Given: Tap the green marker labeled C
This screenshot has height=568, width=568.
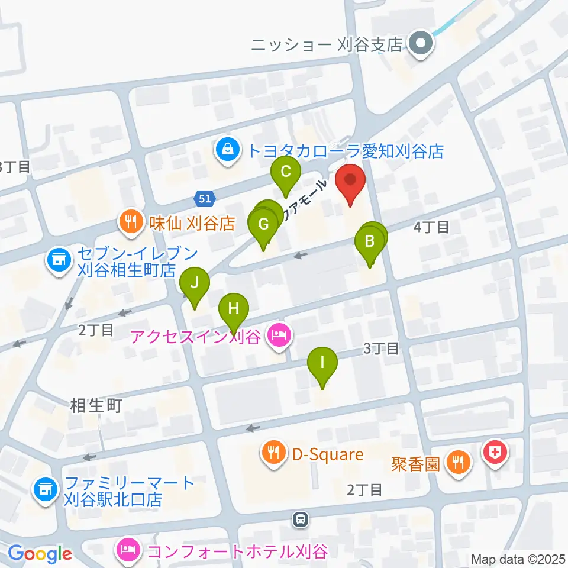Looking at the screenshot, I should (x=285, y=173).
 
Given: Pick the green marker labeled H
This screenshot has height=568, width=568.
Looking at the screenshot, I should (x=234, y=309).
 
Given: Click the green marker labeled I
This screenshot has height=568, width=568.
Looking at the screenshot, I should (x=322, y=362).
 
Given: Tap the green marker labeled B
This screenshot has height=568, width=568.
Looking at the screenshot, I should (x=370, y=241).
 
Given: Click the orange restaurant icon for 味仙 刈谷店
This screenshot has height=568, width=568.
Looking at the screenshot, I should (x=128, y=223).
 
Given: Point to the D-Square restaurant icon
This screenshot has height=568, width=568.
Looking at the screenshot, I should (x=273, y=454).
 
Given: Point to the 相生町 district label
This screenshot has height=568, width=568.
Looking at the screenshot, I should (x=96, y=406).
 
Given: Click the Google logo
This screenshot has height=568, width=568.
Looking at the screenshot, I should (x=40, y=554).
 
